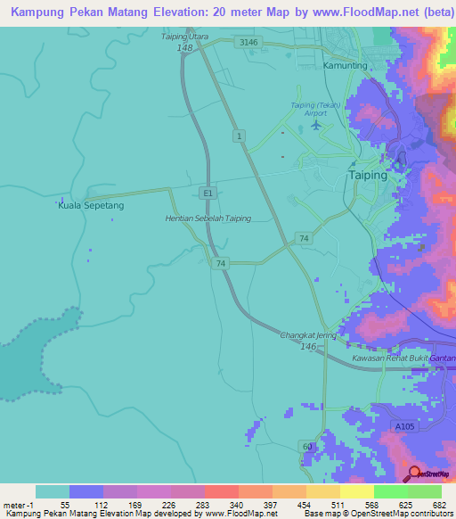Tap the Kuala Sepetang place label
(x=91, y=205)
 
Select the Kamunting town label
(x=345, y=66)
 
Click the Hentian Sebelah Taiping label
(x=208, y=218)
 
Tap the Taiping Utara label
(x=183, y=37)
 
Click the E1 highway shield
(x=208, y=192)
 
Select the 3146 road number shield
(x=248, y=42)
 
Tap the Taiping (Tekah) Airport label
(x=316, y=109)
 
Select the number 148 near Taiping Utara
(x=185, y=48)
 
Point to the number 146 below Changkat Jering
(x=308, y=347)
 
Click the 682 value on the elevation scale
(x=440, y=505)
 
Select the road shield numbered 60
(x=307, y=446)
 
